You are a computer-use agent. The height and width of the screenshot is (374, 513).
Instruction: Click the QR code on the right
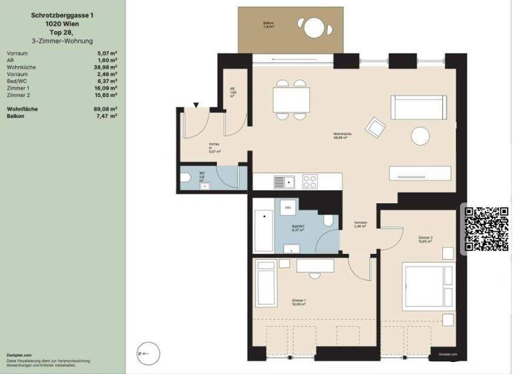[x=486, y=229]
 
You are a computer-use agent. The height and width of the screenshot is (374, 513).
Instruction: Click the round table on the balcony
[x=313, y=28]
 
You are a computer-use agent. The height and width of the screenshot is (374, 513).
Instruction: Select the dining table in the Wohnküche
[x=291, y=100]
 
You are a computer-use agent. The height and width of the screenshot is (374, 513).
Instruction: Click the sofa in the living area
[x=419, y=107]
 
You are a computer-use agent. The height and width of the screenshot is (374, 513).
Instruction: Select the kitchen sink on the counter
[x=280, y=181]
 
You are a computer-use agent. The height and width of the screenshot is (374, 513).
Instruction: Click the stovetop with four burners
[x=311, y=181]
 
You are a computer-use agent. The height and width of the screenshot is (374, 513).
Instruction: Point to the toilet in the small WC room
[x=186, y=178]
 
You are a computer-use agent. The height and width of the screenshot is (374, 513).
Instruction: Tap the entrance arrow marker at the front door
[x=195, y=104]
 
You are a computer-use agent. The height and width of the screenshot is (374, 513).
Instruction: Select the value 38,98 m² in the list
[x=106, y=67]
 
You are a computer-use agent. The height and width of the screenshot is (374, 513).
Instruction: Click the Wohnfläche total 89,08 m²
[x=106, y=108]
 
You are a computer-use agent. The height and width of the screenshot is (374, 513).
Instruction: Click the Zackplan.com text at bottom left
[x=19, y=355]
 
